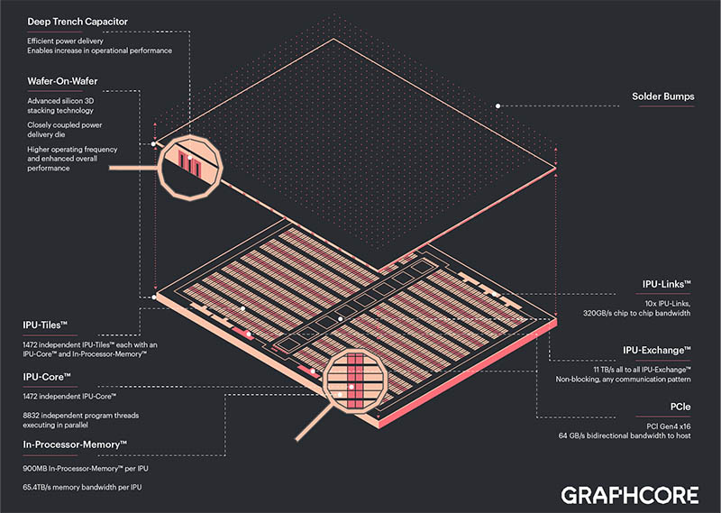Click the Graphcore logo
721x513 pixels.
pos(629,495)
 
